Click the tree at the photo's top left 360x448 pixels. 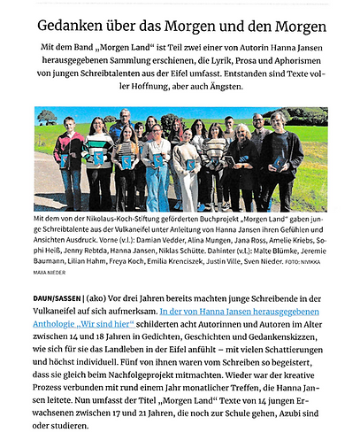tap(50, 117)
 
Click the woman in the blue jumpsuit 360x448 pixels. tap(157, 168)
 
